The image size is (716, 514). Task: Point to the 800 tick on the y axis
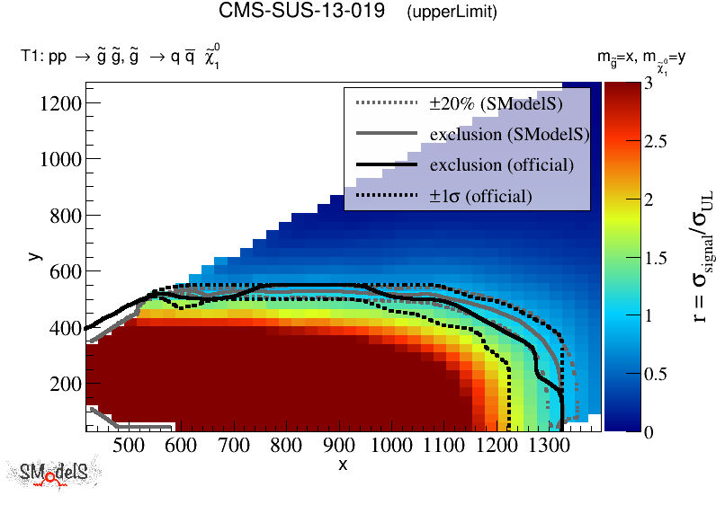tap(65, 216)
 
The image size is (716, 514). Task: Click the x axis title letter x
tap(343, 464)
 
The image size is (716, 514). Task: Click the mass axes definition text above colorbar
tap(642, 59)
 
